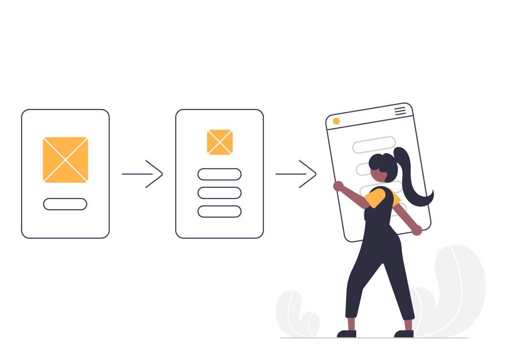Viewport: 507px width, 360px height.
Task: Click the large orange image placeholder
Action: click(x=65, y=160)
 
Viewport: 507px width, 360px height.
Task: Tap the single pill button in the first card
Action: click(x=65, y=204)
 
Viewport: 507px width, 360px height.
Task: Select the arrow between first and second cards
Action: click(x=142, y=174)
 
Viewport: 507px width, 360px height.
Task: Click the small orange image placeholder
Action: click(x=220, y=142)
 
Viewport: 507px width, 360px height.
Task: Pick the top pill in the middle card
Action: click(x=219, y=174)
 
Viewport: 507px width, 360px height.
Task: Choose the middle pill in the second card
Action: click(x=219, y=193)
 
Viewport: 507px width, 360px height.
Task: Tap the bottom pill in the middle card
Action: click(x=219, y=211)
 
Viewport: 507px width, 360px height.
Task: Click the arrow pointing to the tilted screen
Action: click(x=296, y=174)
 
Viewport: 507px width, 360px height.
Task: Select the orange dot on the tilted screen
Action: click(x=336, y=121)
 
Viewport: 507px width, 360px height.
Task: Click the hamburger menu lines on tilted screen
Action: click(x=400, y=112)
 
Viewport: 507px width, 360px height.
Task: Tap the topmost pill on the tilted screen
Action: click(x=374, y=145)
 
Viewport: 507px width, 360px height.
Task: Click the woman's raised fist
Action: click(x=338, y=186)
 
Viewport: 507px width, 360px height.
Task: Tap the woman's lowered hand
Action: click(x=416, y=230)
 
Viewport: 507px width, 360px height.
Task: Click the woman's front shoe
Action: click(x=346, y=334)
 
